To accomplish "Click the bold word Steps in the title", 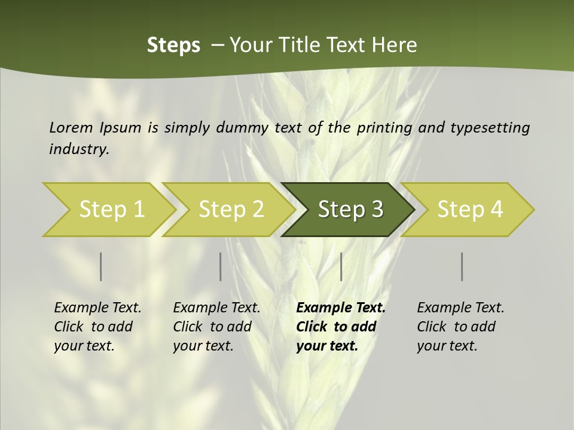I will point(173,45).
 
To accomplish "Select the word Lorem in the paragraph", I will point(71,128).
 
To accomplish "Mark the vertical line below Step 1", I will point(101,266).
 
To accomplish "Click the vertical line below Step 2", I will point(221,266).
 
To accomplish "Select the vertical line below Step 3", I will point(341,266).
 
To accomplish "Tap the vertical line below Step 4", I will point(462,266).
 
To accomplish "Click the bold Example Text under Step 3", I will point(341,308).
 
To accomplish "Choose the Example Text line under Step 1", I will point(97,308).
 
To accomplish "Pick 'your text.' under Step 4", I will point(447,346).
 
